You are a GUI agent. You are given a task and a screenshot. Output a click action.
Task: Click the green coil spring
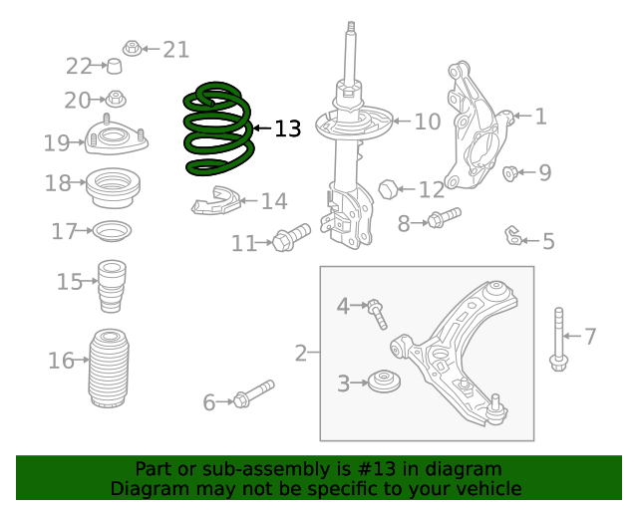(216, 129)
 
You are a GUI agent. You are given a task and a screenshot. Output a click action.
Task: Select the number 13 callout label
(286, 128)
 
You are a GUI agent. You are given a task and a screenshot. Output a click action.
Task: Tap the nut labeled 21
(132, 48)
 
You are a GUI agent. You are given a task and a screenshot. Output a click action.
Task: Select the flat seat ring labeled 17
(111, 231)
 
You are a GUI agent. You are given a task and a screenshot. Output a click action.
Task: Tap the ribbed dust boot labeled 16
(111, 369)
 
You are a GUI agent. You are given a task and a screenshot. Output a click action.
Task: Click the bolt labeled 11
(291, 237)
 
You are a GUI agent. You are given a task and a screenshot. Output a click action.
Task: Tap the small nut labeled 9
(510, 174)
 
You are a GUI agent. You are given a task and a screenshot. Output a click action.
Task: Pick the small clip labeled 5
(512, 236)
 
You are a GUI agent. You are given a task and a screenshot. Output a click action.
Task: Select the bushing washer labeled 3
(382, 381)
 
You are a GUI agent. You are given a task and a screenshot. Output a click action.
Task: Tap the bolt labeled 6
(253, 393)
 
